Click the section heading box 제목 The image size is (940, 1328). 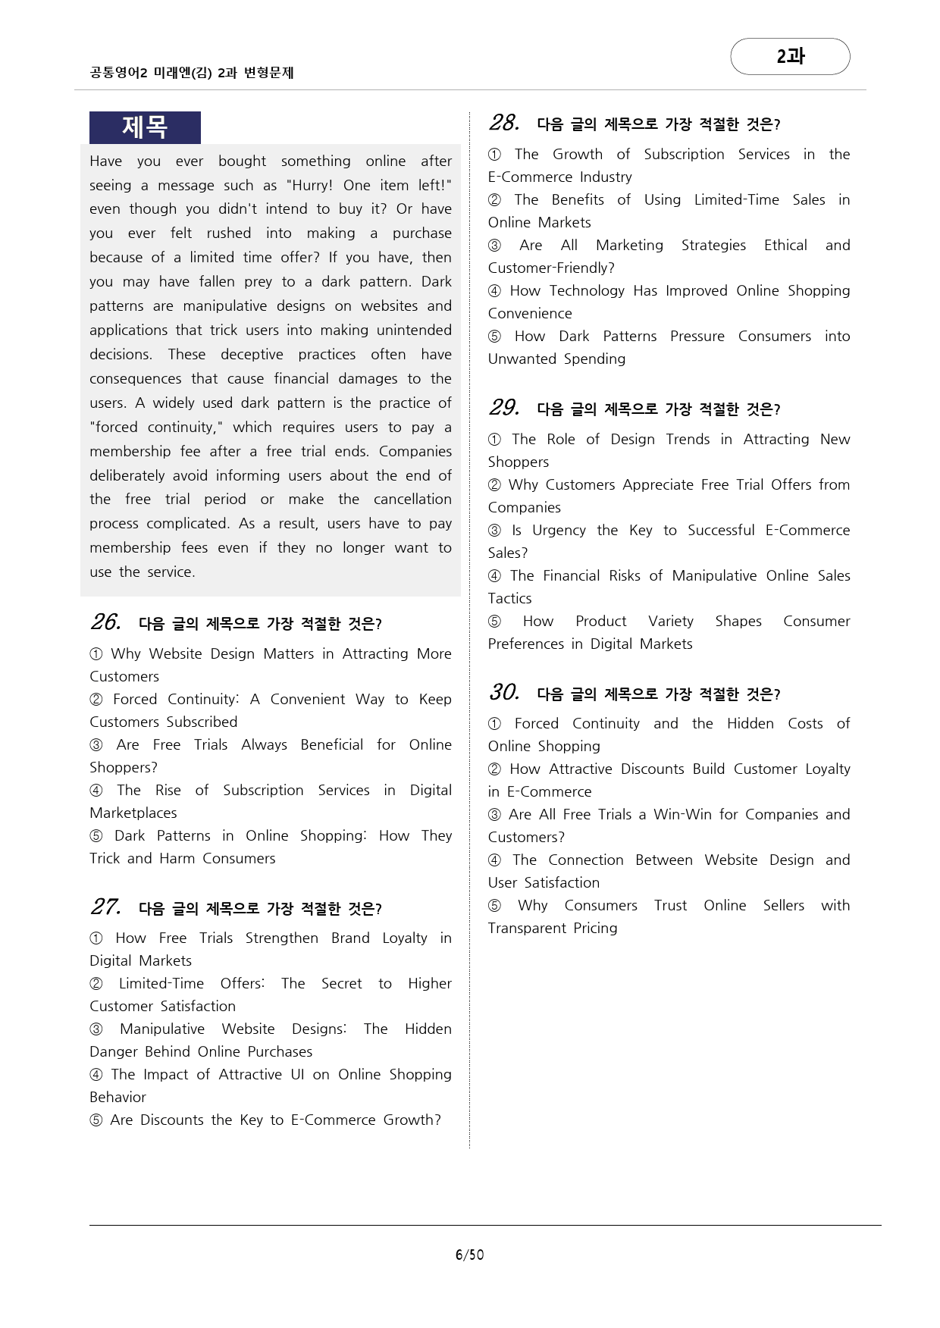145,127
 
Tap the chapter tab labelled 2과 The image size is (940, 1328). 790,56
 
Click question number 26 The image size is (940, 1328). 105,622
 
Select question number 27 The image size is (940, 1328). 105,907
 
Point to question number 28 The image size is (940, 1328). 504,123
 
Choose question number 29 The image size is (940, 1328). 504,408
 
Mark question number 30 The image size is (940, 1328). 504,693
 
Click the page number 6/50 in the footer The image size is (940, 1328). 469,1254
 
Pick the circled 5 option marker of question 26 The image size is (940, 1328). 96,836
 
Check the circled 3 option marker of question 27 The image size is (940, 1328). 96,1029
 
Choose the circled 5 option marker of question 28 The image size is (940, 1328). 495,337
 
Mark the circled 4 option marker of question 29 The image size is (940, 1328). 495,576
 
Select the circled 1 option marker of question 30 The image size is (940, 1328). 495,724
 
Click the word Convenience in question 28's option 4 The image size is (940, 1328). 530,313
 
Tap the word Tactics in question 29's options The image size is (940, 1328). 509,598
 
